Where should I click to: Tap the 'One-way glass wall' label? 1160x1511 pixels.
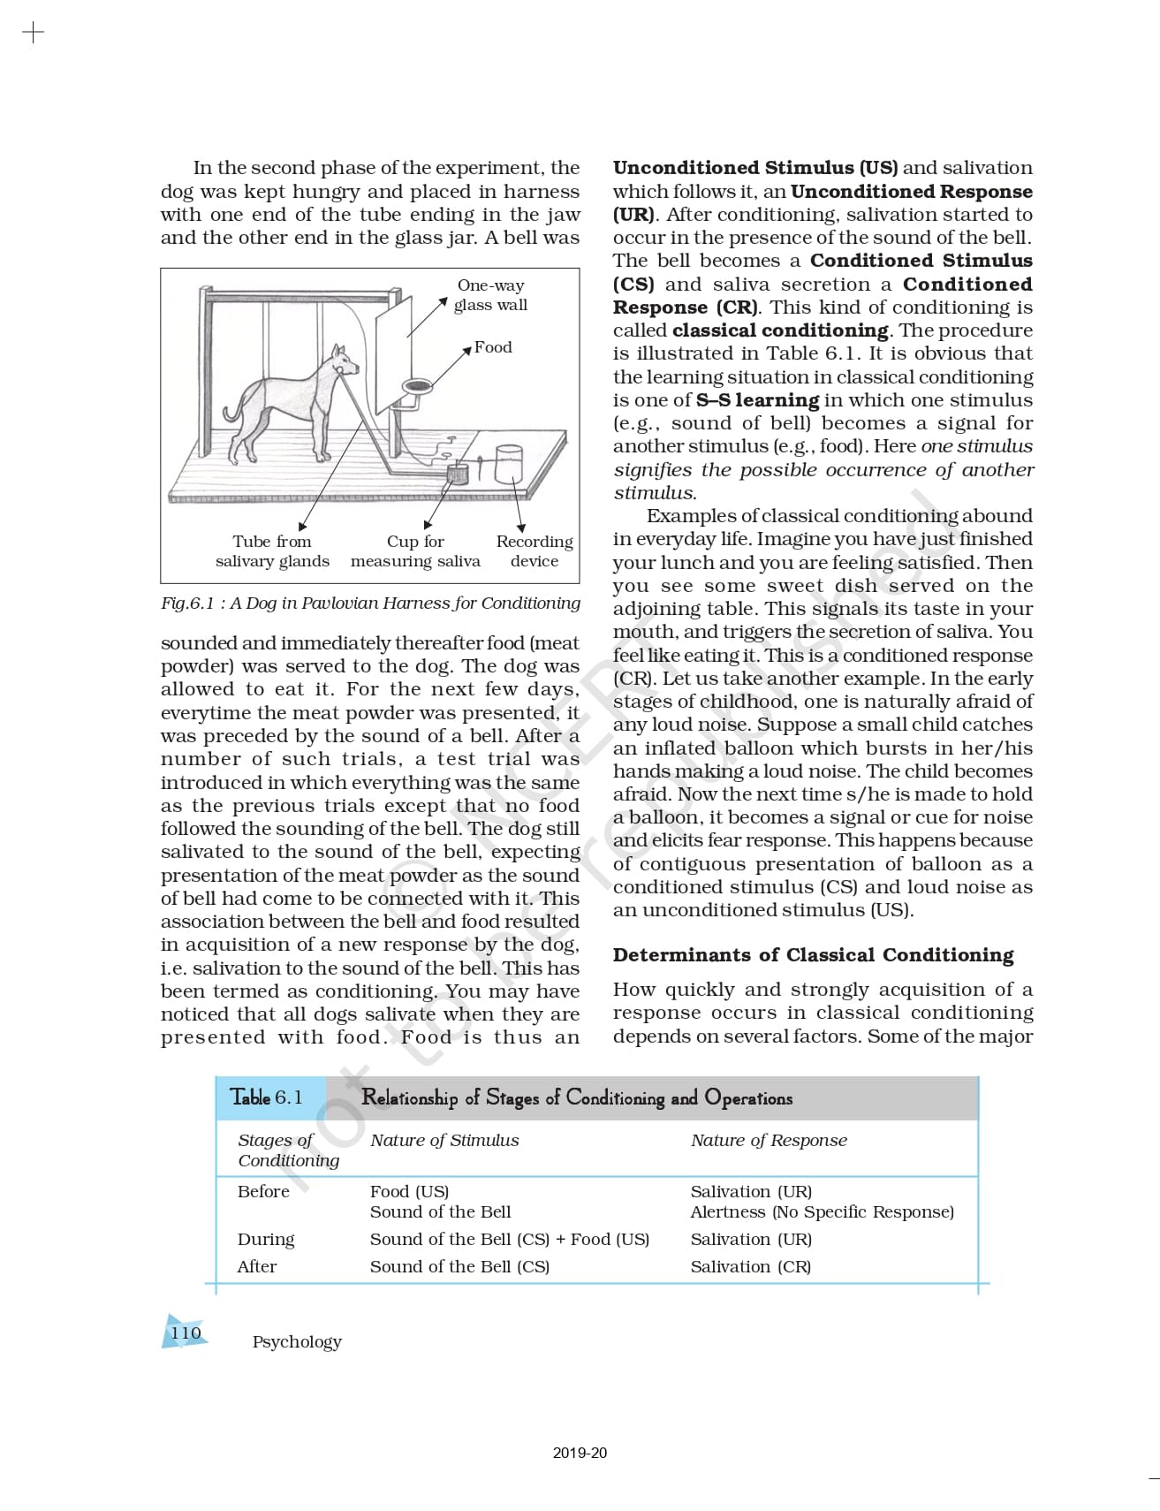click(490, 295)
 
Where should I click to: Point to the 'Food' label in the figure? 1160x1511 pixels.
click(493, 347)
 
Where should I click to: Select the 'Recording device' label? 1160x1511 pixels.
click(534, 550)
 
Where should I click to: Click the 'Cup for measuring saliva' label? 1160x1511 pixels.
click(415, 550)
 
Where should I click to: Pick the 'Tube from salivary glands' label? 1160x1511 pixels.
click(272, 550)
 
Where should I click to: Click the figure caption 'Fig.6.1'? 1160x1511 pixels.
click(187, 604)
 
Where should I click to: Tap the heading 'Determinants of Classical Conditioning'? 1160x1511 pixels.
click(813, 955)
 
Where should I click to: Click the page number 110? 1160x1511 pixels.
click(186, 1333)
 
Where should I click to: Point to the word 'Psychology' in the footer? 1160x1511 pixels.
click(297, 1341)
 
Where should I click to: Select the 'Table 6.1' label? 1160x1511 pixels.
click(266, 1097)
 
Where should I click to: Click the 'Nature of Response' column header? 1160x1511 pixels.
click(769, 1140)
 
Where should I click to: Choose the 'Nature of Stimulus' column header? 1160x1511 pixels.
click(444, 1140)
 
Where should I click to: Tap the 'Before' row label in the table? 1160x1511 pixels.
click(263, 1191)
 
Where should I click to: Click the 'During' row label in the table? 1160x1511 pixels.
click(266, 1239)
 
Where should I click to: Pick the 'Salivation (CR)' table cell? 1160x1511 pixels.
click(750, 1266)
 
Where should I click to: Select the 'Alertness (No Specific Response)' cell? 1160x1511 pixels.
click(822, 1211)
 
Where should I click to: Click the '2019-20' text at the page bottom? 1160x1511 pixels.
click(580, 1453)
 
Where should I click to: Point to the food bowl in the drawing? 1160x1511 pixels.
click(416, 386)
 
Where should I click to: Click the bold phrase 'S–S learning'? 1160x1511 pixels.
click(757, 400)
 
